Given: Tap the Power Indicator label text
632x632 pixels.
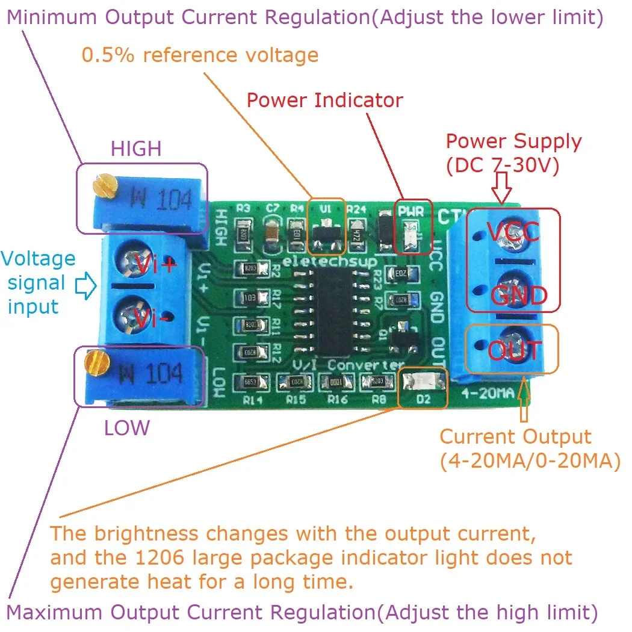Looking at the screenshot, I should point(325,100).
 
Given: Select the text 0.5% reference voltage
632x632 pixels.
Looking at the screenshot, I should point(200,56).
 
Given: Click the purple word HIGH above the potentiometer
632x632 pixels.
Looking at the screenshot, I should point(136,149).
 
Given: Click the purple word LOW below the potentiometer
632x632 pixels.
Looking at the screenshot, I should point(126,428).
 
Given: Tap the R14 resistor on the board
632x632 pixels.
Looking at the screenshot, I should point(250,381).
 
